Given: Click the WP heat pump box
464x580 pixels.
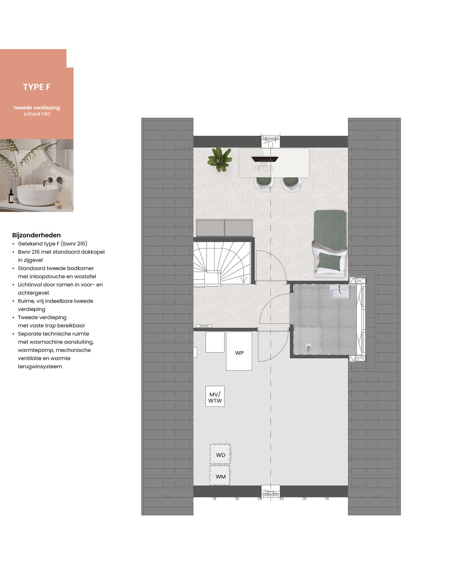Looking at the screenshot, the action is pyautogui.click(x=239, y=351).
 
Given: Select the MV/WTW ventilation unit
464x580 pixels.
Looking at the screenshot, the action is pyautogui.click(x=215, y=396).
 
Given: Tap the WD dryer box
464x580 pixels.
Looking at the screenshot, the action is pyautogui.click(x=220, y=454).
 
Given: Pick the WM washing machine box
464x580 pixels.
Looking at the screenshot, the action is pyautogui.click(x=220, y=476).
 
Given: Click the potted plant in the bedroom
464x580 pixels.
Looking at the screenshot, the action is pyautogui.click(x=220, y=159).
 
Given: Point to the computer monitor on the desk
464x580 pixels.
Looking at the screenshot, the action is pyautogui.click(x=265, y=159).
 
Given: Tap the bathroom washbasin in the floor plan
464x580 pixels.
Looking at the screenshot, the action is pyautogui.click(x=339, y=292).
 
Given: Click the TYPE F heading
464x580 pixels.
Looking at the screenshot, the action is pyautogui.click(x=37, y=87).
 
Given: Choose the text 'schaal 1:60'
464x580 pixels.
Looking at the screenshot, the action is pyautogui.click(x=37, y=114).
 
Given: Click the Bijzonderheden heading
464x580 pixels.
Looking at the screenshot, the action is pyautogui.click(x=36, y=235).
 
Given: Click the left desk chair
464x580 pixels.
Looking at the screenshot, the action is pyautogui.click(x=264, y=184).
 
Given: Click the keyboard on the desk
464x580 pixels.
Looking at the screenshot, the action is pyautogui.click(x=266, y=168).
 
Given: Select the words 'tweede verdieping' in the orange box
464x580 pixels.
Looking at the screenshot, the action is pyautogui.click(x=37, y=108).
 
